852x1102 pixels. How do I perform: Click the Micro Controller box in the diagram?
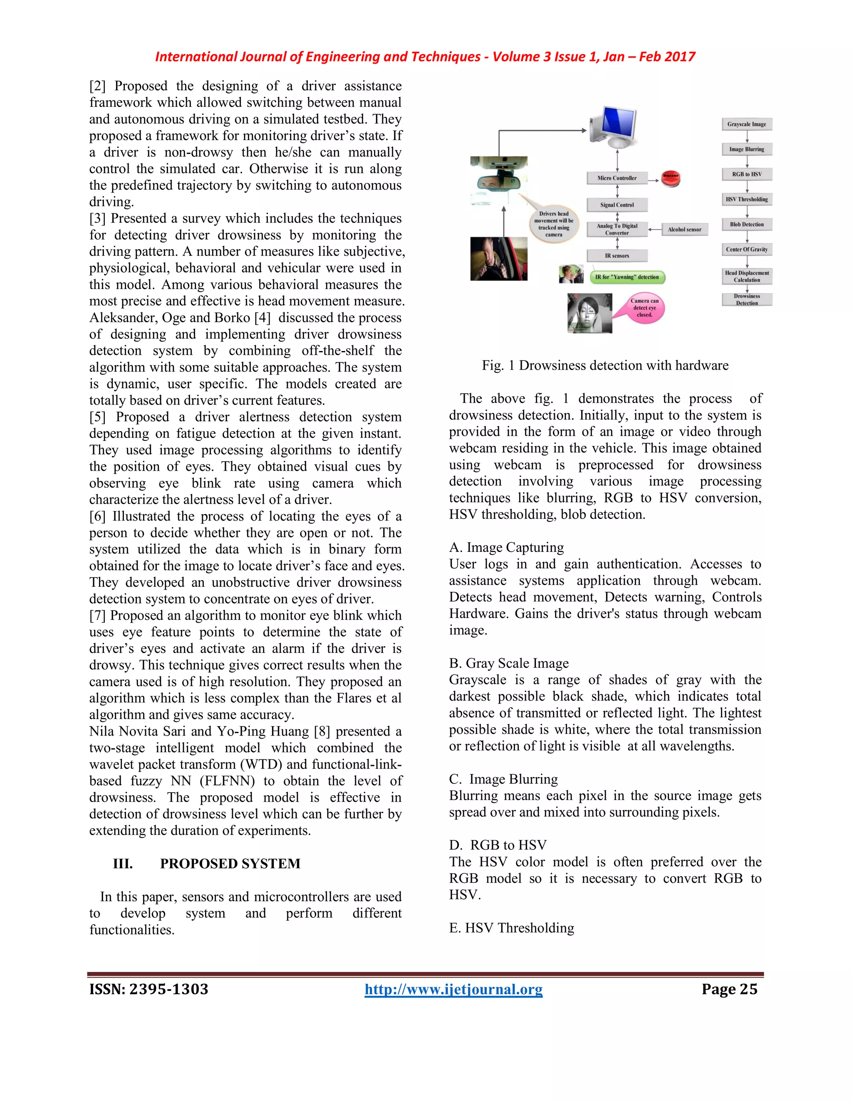(x=617, y=178)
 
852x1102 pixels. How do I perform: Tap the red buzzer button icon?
(x=671, y=178)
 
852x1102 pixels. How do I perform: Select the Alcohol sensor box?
(x=684, y=230)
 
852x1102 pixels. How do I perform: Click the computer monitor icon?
(x=613, y=126)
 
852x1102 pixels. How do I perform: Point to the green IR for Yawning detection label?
(x=627, y=277)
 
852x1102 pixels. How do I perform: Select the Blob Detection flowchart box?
(x=746, y=225)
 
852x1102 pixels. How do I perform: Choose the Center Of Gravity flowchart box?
(x=746, y=249)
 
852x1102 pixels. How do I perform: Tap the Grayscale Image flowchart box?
(x=746, y=124)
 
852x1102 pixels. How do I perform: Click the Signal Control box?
(x=617, y=205)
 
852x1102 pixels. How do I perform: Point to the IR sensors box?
(x=617, y=256)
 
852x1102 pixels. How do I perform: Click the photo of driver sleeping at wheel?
(x=499, y=258)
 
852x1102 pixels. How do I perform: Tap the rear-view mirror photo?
(x=499, y=180)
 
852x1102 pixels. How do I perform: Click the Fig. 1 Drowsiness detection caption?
(x=604, y=365)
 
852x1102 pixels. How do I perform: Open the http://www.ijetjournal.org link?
(x=453, y=989)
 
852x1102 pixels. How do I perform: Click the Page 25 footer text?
(x=729, y=989)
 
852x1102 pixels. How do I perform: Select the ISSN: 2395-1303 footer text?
(x=149, y=989)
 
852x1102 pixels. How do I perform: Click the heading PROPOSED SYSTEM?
(x=230, y=863)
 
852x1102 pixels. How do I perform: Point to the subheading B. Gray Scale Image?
(x=509, y=663)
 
